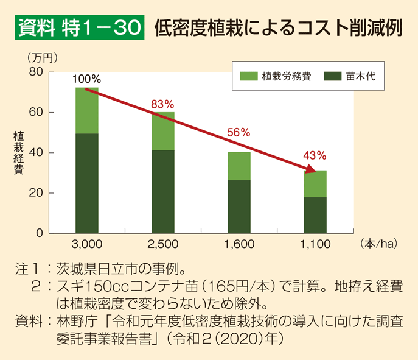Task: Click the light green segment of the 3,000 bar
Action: click(x=87, y=111)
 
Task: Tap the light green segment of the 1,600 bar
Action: click(x=239, y=166)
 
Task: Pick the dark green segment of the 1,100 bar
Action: click(x=315, y=214)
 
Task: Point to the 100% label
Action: click(x=86, y=79)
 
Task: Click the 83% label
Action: click(x=162, y=104)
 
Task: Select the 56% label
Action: click(x=239, y=132)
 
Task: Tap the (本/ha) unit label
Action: click(x=378, y=244)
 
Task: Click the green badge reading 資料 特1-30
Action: click(x=79, y=29)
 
